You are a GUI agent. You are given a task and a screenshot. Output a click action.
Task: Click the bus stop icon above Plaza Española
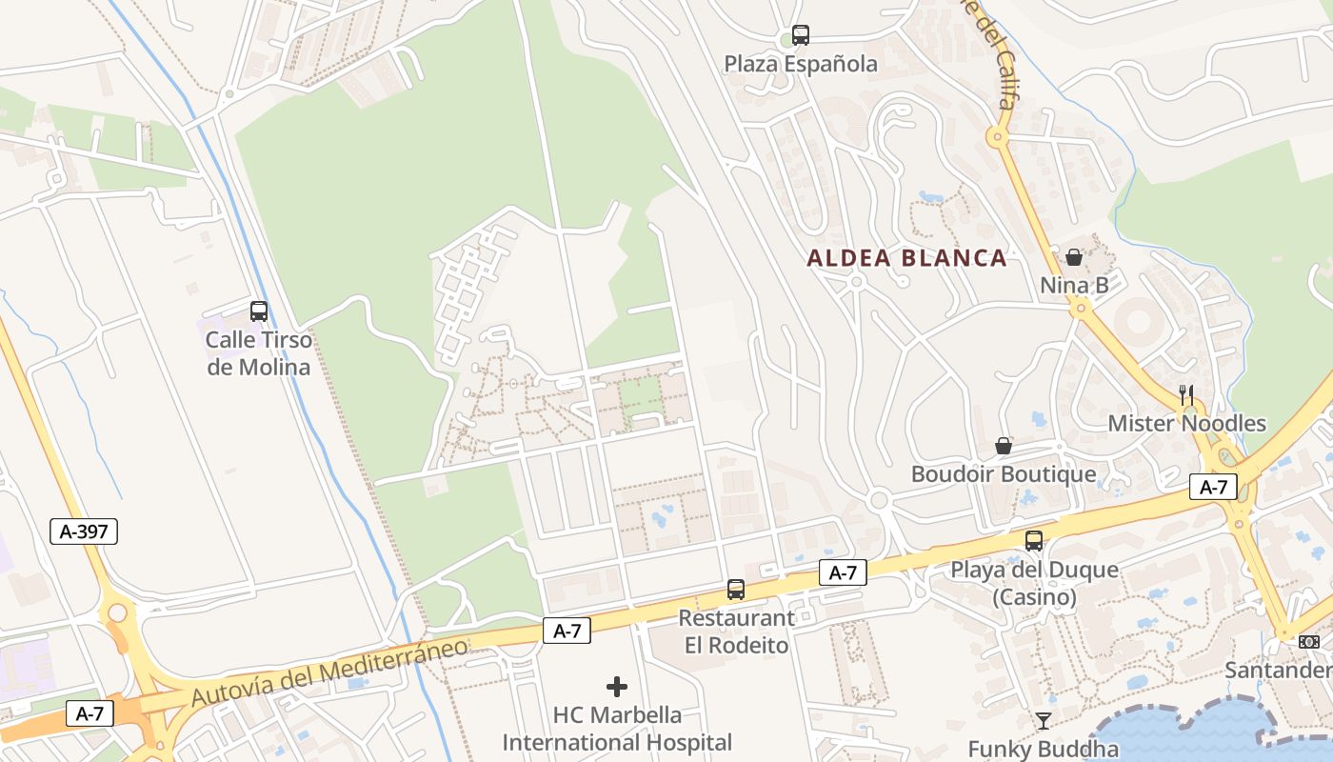[x=801, y=35]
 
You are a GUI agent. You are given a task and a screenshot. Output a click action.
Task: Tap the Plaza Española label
[x=801, y=65]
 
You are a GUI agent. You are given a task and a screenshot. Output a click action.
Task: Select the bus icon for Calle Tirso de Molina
[x=258, y=311]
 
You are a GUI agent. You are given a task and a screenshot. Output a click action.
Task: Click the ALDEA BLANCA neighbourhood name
[x=906, y=257]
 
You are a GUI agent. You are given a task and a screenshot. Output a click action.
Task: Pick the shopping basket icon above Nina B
[x=1074, y=256]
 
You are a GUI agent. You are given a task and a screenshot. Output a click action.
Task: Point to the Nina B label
[x=1074, y=285]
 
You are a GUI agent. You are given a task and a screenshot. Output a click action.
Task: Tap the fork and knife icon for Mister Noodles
[x=1186, y=394]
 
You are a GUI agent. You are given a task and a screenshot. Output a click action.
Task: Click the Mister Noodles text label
[x=1186, y=424]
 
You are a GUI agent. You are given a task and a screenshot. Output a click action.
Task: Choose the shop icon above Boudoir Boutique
[x=1004, y=445]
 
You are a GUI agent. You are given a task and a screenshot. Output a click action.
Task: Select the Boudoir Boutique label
[x=1004, y=474]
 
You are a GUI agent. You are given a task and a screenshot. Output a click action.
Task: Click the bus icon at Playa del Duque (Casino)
[x=1034, y=541]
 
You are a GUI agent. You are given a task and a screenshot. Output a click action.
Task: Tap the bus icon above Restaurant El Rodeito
[x=736, y=589]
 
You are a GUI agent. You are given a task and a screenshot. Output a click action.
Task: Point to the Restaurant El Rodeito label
[x=736, y=632]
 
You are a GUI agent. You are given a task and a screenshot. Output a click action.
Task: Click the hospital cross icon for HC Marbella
[x=617, y=686]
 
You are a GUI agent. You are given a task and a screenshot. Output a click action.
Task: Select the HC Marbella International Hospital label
[x=617, y=729]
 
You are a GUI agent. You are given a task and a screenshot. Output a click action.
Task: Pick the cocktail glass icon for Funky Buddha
[x=1044, y=720]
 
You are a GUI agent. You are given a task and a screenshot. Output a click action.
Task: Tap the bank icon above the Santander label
[x=1309, y=642]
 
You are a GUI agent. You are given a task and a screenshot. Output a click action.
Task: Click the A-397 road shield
[x=84, y=531]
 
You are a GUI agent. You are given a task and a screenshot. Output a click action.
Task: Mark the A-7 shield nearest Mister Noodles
[x=1213, y=488]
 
